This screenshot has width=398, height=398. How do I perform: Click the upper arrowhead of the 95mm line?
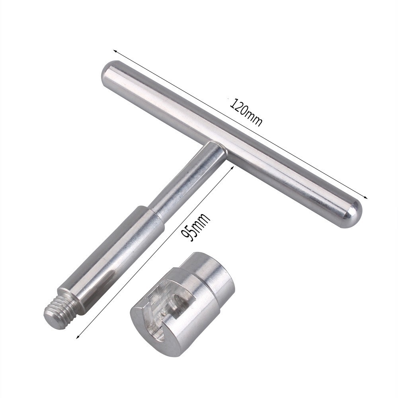pyautogui.click(x=232, y=168)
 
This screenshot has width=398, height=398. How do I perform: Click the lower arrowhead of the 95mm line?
pyautogui.click(x=78, y=336)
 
